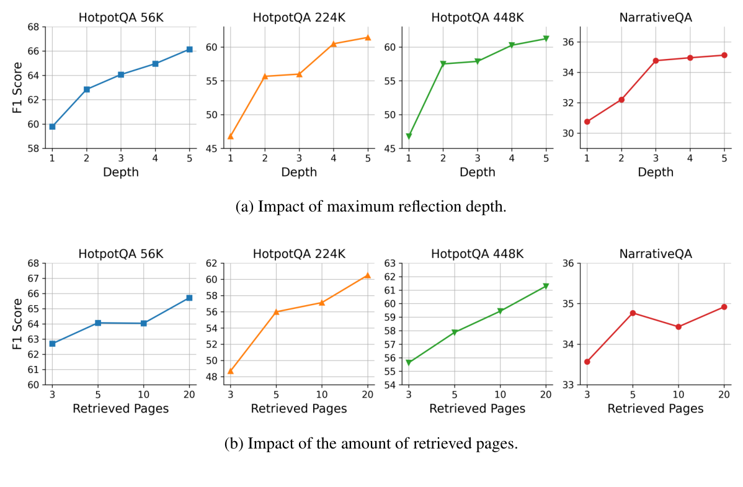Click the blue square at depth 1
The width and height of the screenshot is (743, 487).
tap(52, 127)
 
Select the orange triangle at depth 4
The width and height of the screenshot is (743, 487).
tap(334, 44)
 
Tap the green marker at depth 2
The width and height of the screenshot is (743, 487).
tap(443, 64)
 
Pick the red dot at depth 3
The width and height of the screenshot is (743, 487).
tap(656, 61)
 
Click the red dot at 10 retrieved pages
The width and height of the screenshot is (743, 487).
tap(678, 326)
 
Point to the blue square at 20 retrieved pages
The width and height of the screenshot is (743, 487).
tap(189, 298)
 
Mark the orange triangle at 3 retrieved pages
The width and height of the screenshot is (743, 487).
tap(231, 371)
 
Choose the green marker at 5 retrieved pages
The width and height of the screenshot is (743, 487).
tap(455, 333)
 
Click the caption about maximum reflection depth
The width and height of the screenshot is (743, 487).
tap(371, 207)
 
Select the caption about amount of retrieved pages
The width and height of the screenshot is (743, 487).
tap(371, 444)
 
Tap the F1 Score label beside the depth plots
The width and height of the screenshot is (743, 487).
tap(18, 87)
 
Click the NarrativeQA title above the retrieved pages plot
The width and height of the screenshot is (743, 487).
tap(655, 254)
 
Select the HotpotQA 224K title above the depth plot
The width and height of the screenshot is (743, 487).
tap(299, 17)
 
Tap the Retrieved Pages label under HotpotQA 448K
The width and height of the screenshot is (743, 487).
tap(477, 408)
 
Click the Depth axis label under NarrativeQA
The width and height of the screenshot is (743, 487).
tap(655, 172)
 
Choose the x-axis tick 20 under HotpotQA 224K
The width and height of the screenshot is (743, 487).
tap(367, 394)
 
